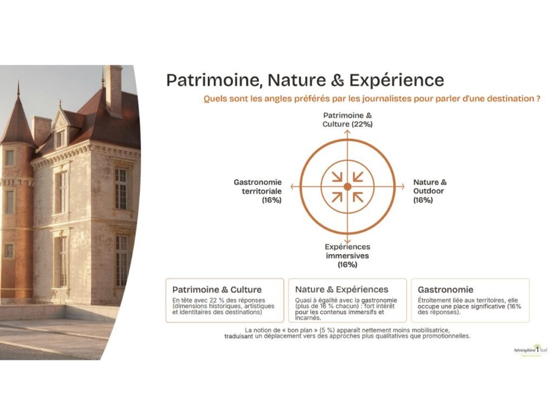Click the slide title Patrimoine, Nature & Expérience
pos(305,80)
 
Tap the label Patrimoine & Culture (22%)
pos(347,119)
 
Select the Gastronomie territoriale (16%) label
pos(258,191)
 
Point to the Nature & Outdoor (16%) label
pos(430,191)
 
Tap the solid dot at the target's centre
pos(347,186)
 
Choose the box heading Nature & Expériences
pos(341,290)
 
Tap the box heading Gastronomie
pos(445,290)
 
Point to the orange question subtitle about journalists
pos(371,99)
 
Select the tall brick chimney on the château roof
pos(113,89)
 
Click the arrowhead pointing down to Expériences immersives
pos(347,241)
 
